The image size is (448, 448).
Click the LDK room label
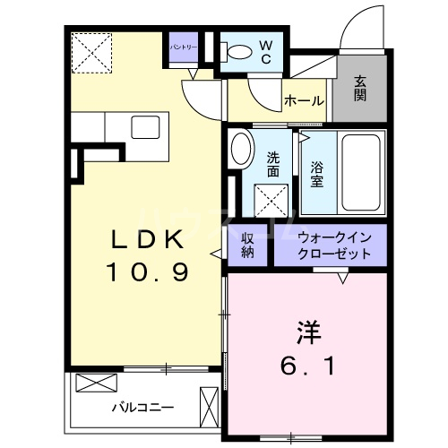click(x=149, y=240)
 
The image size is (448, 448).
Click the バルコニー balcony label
click(x=142, y=407)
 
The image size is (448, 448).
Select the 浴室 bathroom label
click(x=318, y=172)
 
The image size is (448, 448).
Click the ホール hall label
click(x=304, y=101)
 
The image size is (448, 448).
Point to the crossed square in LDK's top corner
click(x=92, y=51)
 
